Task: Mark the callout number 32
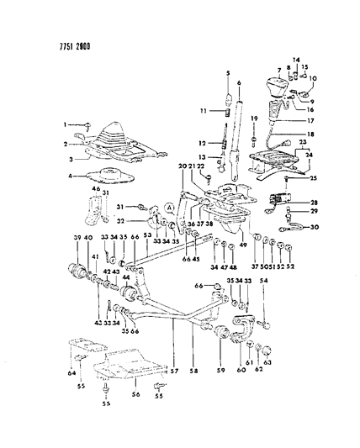pyautogui.click(x=119, y=222)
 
